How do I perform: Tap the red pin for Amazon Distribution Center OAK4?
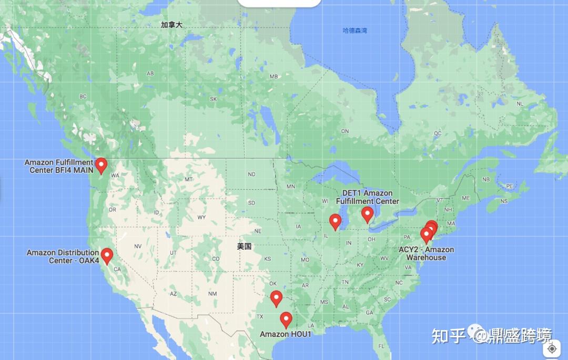pos(107,255)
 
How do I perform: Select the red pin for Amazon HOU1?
pos(286,319)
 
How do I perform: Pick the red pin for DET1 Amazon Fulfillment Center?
pos(367,213)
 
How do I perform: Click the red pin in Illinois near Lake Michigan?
pos(335,221)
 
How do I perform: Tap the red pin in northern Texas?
pos(276,298)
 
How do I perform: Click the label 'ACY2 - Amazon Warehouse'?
pos(426,253)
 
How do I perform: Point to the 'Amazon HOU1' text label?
pos(286,334)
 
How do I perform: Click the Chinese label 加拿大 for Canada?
pos(171,25)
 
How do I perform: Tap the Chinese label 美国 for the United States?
pos(244,246)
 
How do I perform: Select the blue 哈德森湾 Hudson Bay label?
pos(355,30)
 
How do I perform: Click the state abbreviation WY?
pos(201,217)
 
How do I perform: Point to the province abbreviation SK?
pos(213,99)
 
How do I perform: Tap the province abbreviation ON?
pos(345,131)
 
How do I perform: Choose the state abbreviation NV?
pos(138,246)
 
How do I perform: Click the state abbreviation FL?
pos(381,346)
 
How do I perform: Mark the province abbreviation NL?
pos(520,104)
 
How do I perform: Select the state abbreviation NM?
pos(212,294)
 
